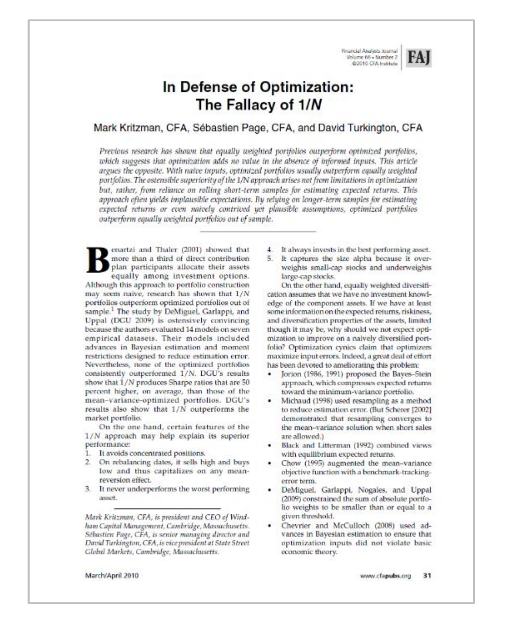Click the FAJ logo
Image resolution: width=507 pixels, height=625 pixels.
(419, 58)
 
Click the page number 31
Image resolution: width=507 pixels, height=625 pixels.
(427, 576)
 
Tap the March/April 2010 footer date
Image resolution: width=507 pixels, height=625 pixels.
(112, 576)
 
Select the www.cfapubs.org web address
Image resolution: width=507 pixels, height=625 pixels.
(385, 576)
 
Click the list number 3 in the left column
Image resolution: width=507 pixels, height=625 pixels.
(88, 489)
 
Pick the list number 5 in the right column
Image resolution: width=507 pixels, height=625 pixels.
(270, 259)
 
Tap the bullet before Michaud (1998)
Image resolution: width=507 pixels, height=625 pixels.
(270, 401)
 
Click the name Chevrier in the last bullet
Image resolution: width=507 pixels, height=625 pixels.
(296, 525)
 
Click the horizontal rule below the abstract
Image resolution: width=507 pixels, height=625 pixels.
(258, 231)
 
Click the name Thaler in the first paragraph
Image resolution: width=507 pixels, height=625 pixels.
(166, 250)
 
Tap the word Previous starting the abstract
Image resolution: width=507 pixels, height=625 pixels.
(114, 151)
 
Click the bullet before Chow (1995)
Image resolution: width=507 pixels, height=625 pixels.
(270, 463)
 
